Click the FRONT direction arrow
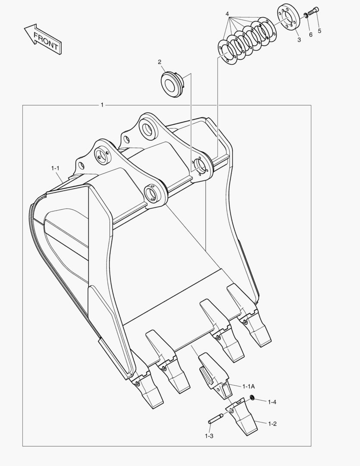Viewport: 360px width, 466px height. click(42, 40)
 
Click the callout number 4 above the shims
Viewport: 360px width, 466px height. click(227, 14)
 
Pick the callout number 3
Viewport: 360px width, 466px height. click(299, 40)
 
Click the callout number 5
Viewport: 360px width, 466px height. click(319, 31)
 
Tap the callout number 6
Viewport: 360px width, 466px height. click(310, 35)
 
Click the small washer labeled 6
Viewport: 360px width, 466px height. click(306, 16)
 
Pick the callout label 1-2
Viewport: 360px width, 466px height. click(272, 424)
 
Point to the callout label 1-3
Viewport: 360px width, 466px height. click(209, 436)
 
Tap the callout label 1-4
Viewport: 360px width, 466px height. click(272, 402)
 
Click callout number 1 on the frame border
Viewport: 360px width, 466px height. click(102, 105)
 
